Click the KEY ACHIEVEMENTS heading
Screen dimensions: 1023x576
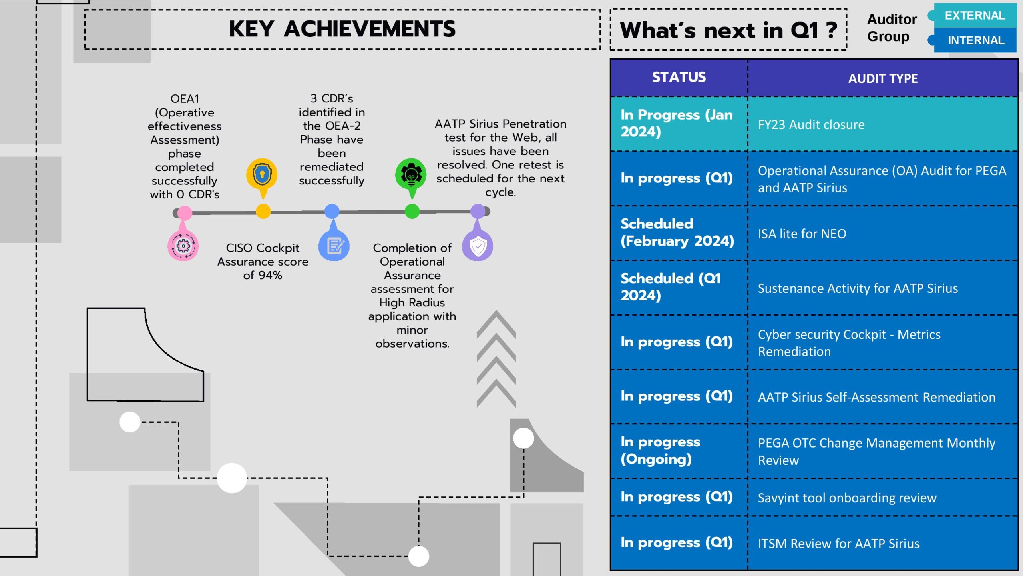point(342,29)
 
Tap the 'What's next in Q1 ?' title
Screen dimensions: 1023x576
point(728,30)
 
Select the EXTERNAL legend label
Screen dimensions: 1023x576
point(975,16)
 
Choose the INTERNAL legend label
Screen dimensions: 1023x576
point(976,40)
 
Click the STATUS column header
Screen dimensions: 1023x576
point(679,77)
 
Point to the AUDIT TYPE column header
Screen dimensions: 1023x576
point(883,78)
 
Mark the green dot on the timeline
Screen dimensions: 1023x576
point(412,211)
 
